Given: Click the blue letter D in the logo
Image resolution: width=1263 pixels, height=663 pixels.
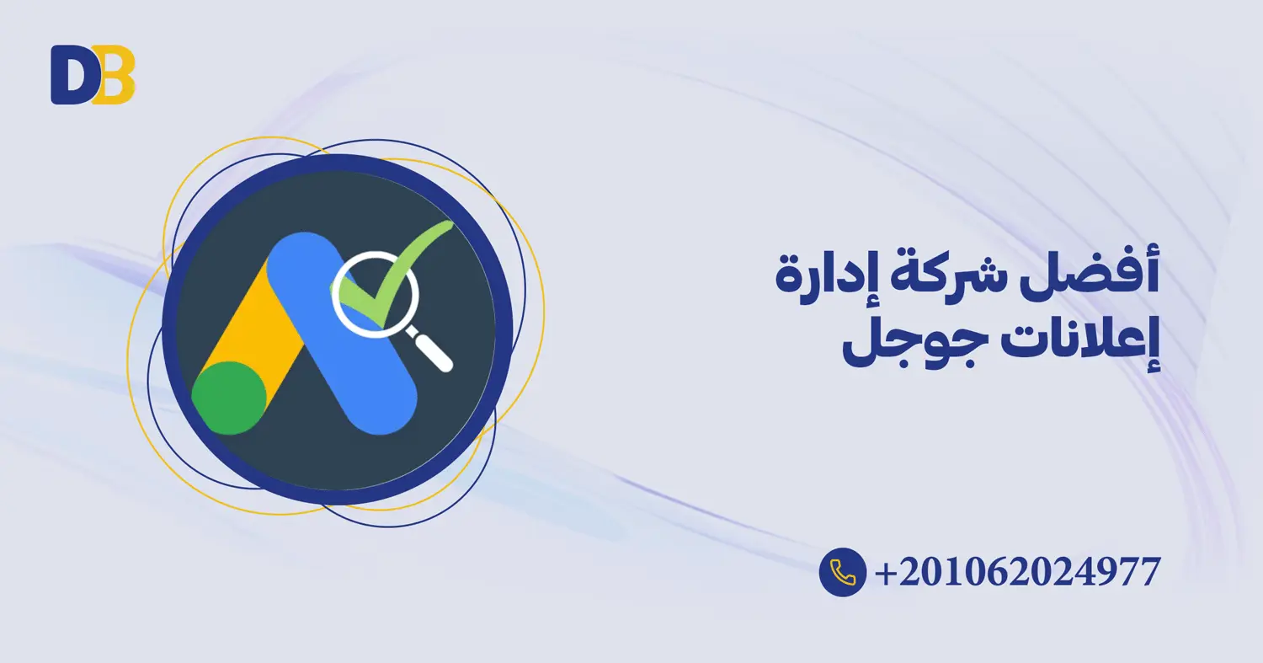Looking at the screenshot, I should click(69, 76).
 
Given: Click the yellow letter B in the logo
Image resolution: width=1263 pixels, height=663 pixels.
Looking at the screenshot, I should click(116, 76).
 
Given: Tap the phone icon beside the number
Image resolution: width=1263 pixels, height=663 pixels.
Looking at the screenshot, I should click(842, 572).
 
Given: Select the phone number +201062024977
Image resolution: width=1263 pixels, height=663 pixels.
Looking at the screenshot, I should click(1017, 573).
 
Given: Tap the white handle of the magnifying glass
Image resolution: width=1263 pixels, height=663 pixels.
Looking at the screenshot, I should click(434, 350).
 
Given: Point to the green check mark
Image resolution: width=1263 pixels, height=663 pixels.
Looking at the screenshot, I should click(413, 253).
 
